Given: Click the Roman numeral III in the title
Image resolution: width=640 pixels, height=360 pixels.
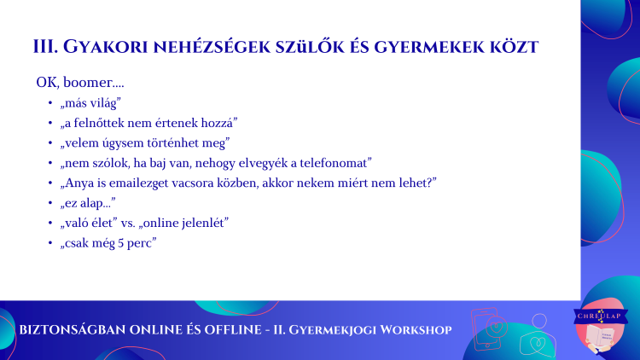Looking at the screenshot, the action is (x=45, y=47).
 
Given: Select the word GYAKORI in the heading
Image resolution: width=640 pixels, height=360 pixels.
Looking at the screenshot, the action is (x=105, y=47).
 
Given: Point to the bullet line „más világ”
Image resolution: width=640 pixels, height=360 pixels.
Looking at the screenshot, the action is (x=90, y=103).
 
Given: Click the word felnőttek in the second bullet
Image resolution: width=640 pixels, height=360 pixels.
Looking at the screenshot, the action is (x=99, y=123).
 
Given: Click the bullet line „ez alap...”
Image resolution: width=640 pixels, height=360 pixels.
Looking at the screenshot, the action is (x=88, y=203).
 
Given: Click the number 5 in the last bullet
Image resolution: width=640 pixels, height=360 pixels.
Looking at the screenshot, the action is (x=121, y=243).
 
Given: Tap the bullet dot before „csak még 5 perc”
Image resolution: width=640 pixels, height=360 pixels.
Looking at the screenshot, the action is (x=50, y=242).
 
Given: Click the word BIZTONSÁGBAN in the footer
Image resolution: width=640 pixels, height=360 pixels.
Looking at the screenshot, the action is (x=73, y=330).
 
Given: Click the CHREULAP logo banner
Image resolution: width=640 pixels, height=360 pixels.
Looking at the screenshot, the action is (x=601, y=316).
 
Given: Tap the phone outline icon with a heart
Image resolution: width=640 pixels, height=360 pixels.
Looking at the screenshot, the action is (x=488, y=329).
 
